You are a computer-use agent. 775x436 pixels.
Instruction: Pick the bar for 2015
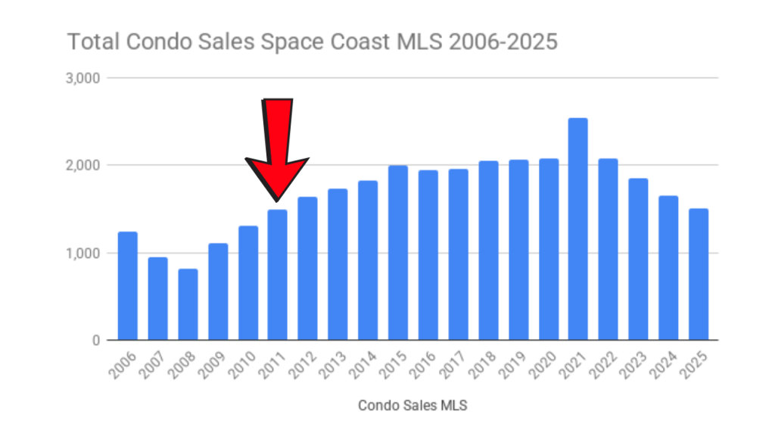(398, 253)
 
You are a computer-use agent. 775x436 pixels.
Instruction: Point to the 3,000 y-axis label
(83, 78)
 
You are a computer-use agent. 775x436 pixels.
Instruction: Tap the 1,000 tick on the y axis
(83, 253)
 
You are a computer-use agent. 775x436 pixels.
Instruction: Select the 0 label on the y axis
(96, 341)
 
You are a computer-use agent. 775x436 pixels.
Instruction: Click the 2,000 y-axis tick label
(83, 165)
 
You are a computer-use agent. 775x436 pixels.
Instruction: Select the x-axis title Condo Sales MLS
(412, 406)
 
